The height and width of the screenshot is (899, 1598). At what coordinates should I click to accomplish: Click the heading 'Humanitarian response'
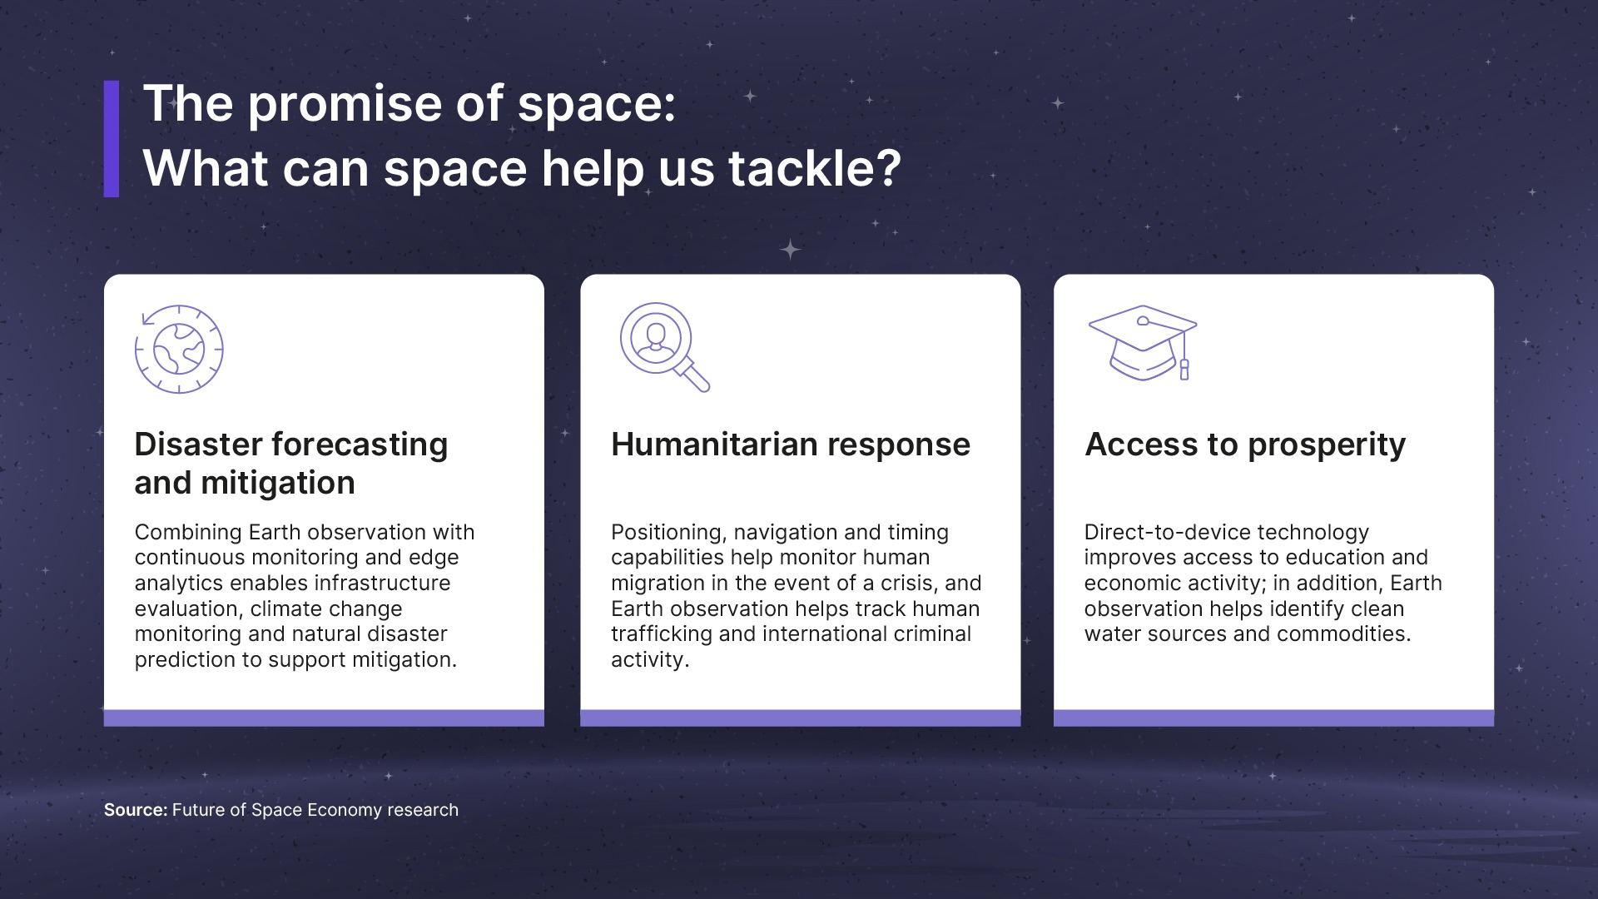791,445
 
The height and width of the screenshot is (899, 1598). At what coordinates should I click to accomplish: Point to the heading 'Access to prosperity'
1245,445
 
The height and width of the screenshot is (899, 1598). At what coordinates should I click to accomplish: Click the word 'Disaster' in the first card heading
196,445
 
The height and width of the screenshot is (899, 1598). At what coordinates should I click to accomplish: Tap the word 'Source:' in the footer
136,810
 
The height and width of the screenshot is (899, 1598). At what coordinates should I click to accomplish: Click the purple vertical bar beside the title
112,139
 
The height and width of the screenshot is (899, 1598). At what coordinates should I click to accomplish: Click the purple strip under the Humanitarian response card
801,718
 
